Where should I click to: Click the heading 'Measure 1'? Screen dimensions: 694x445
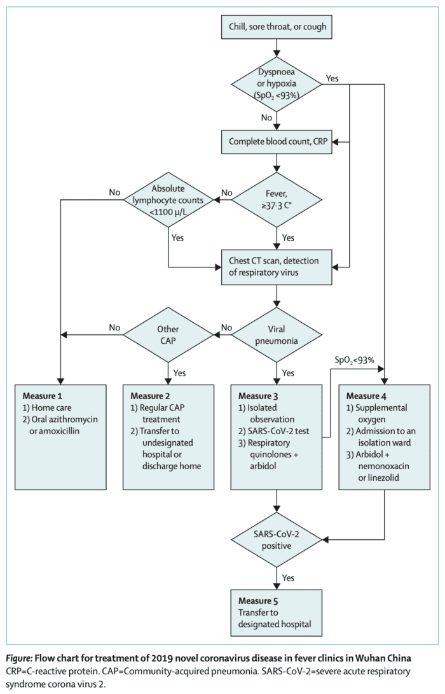click(43, 395)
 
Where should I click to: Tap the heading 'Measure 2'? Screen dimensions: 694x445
click(152, 395)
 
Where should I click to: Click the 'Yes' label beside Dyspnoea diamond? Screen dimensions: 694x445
click(332, 78)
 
